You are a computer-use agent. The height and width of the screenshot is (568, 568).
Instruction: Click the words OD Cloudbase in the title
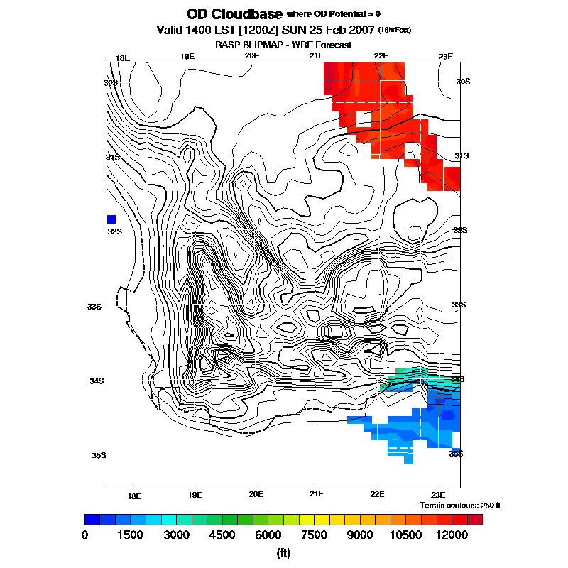pos(234,14)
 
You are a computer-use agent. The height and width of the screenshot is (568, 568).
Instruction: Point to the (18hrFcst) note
pos(395,31)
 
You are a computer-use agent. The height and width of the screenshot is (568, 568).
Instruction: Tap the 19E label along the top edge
pos(187,57)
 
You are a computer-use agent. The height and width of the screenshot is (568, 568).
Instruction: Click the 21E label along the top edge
pos(317,57)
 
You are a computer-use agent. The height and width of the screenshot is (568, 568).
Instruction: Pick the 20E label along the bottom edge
pos(256,494)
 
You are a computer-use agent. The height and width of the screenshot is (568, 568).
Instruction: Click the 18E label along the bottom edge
pos(134,494)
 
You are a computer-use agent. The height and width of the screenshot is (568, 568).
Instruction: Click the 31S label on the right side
pos(462,155)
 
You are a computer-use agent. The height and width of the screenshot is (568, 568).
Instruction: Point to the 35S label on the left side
pos(99,455)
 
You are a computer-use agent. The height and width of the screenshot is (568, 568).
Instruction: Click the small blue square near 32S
pos(111,219)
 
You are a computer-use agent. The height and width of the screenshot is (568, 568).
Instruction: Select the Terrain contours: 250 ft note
pos(460,505)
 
